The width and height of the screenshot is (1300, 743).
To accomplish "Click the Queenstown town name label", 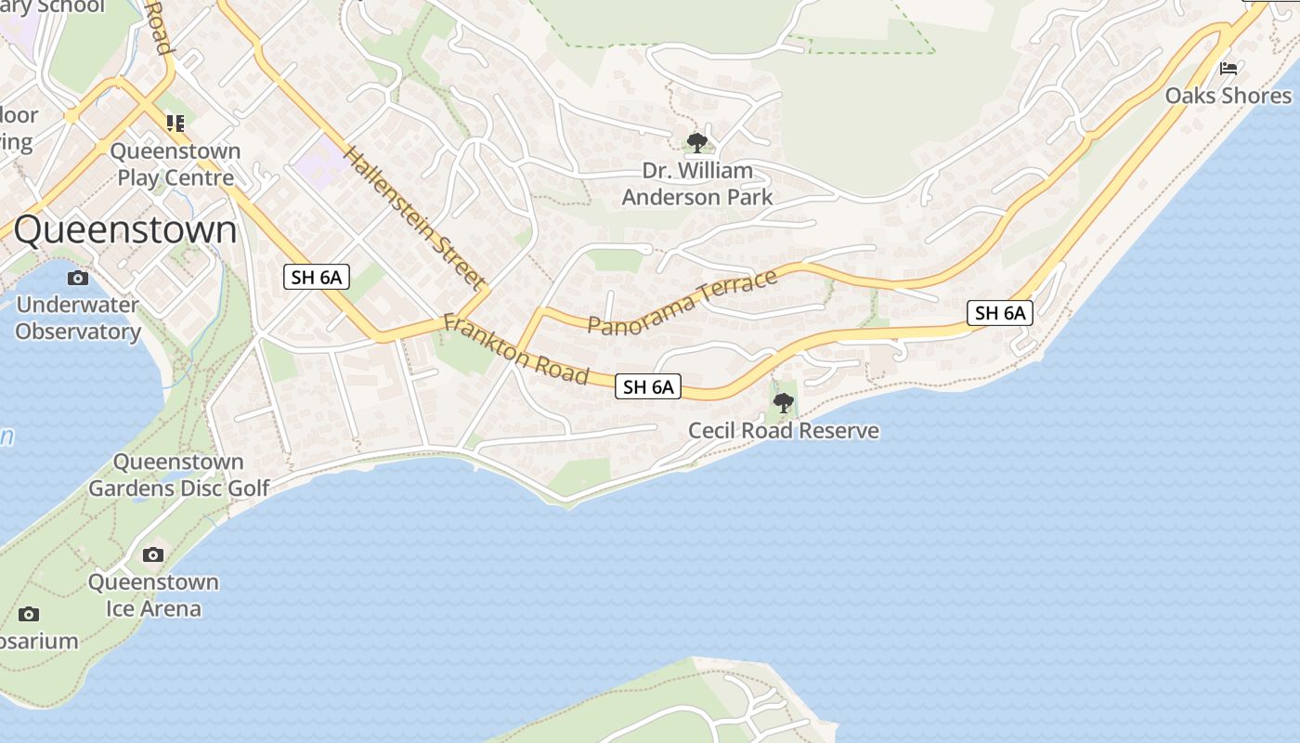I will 125,230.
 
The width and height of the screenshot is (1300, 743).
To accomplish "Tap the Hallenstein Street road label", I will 415,218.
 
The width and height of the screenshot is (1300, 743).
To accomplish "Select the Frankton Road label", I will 516,349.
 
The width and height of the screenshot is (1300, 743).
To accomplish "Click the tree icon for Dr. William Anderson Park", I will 696,143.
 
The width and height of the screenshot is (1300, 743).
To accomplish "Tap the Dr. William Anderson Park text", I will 697,184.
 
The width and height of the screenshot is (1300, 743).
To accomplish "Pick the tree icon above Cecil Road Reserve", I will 784,403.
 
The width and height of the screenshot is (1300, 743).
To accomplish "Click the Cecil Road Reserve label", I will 784,431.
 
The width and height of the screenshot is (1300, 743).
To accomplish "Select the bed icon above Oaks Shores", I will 1228,69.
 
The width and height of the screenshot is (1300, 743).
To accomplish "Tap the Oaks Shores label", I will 1228,96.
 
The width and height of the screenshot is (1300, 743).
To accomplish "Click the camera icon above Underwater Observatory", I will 78,278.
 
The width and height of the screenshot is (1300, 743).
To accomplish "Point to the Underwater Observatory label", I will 78,318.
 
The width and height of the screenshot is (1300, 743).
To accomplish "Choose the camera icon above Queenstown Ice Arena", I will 153,555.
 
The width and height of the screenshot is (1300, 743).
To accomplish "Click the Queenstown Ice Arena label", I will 153,595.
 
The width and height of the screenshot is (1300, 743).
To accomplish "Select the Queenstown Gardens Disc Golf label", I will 179,475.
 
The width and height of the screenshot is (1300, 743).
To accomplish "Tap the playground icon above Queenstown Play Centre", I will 175,123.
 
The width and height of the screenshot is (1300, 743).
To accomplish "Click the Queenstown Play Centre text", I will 175,163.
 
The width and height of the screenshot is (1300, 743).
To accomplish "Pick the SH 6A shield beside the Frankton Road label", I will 648,387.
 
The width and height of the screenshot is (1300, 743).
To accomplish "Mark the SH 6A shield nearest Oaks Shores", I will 1000,313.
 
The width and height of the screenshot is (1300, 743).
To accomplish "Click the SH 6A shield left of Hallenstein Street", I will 317,277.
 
